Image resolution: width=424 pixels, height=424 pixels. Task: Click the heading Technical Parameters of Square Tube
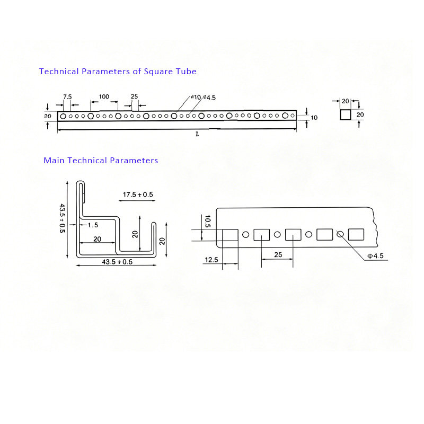point(118,71)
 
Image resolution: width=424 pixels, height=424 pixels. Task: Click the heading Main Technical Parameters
point(101,160)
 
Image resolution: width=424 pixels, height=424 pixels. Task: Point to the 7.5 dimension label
point(67,96)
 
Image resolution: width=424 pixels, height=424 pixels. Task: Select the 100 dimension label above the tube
point(104,96)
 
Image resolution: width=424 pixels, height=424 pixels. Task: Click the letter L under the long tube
point(197,135)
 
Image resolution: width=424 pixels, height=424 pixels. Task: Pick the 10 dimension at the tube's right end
point(314,118)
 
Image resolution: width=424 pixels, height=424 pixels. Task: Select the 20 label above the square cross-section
point(346,101)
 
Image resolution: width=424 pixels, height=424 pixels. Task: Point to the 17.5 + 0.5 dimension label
point(138,195)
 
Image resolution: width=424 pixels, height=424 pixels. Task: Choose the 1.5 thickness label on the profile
point(93,225)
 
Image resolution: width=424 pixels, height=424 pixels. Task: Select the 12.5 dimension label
point(211,260)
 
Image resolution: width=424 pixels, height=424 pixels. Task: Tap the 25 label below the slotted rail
point(278,255)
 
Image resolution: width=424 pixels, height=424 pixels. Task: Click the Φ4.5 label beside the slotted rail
point(375,256)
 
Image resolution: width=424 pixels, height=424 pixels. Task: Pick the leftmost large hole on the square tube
point(63,116)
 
